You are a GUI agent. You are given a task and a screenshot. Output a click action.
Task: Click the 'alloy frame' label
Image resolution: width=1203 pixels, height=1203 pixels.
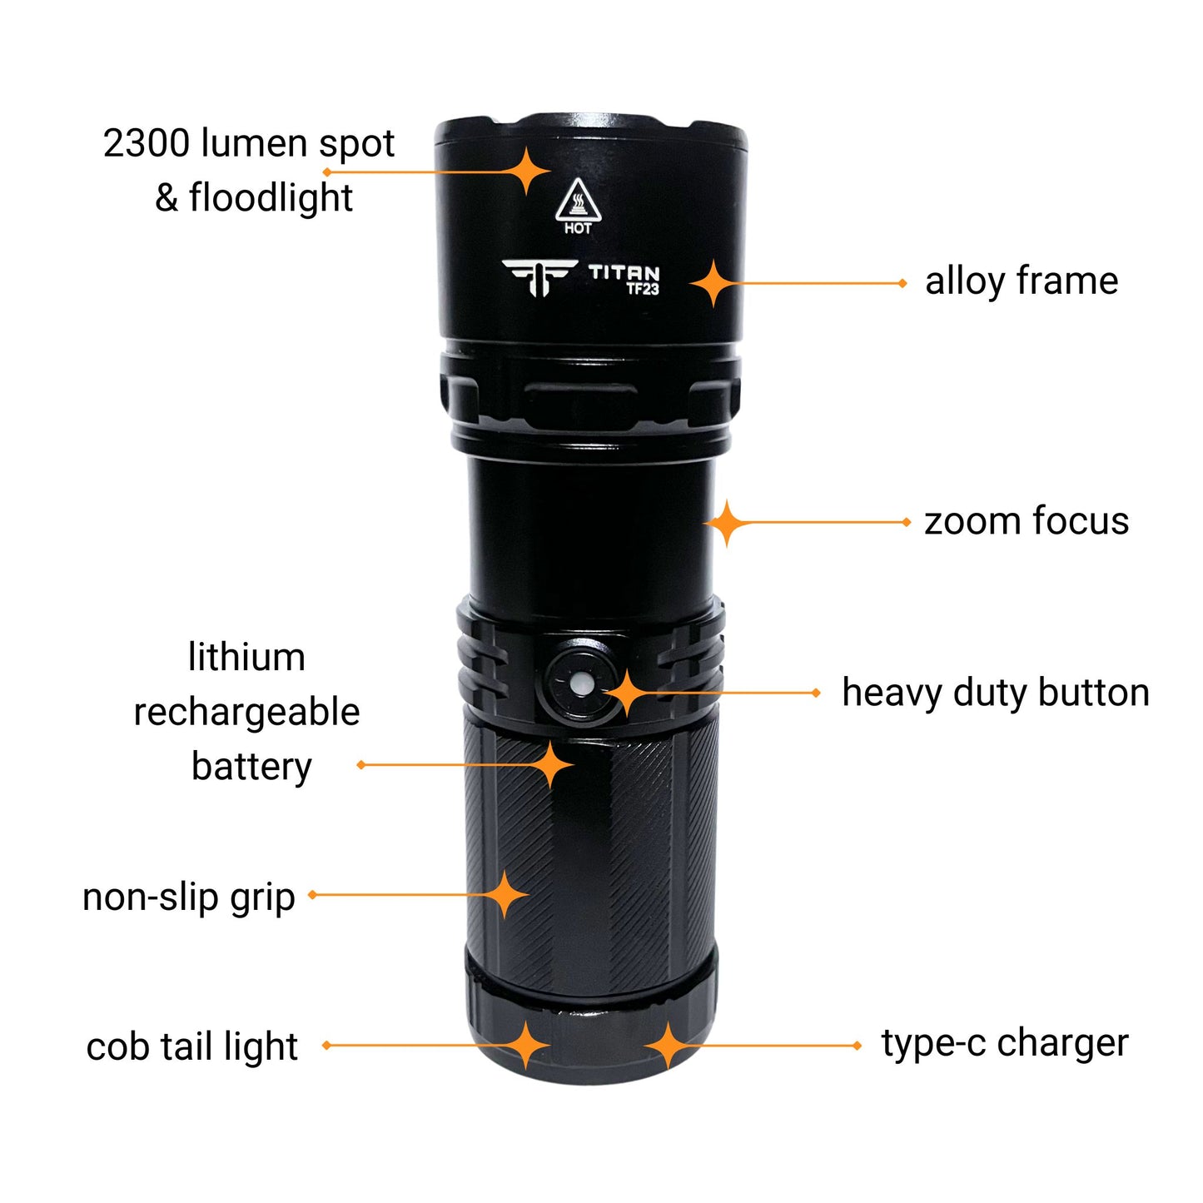click(x=1022, y=281)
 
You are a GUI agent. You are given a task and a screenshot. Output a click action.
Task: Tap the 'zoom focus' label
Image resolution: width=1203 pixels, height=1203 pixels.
click(x=1027, y=521)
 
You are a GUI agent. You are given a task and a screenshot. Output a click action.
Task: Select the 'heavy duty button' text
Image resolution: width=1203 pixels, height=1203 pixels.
click(x=996, y=693)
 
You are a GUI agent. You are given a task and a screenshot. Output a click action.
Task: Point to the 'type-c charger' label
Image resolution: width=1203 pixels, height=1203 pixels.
click(x=1005, y=1043)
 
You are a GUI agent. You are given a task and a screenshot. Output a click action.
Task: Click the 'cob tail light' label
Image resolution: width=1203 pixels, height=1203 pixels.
click(x=192, y=1046)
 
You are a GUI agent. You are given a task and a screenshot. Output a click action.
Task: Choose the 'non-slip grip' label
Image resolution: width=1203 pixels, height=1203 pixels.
click(x=189, y=897)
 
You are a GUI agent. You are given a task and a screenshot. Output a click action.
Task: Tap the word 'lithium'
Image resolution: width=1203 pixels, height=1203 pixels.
click(x=246, y=658)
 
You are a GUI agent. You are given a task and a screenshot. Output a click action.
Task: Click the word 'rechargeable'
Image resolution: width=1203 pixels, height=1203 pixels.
click(x=246, y=713)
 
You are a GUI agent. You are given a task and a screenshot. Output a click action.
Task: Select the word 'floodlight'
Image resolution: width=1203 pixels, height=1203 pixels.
click(x=271, y=198)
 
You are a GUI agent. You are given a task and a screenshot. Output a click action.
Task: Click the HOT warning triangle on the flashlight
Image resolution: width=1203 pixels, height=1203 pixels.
click(x=578, y=202)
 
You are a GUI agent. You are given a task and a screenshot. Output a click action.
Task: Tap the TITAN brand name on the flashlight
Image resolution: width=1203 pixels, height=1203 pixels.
click(x=624, y=272)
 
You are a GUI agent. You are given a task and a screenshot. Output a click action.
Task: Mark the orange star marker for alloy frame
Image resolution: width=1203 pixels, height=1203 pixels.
click(x=713, y=284)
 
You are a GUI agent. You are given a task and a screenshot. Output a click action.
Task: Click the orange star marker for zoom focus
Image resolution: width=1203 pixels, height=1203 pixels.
click(x=727, y=523)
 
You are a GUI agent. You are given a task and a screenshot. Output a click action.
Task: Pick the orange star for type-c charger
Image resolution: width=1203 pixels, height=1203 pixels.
click(x=668, y=1046)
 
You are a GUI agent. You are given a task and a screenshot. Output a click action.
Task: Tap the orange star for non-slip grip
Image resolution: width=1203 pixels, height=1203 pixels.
click(x=505, y=895)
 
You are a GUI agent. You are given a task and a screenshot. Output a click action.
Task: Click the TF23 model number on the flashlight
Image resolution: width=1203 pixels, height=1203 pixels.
click(x=643, y=290)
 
